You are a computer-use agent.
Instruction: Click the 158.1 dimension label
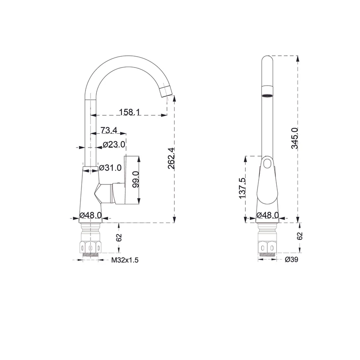point(129,112)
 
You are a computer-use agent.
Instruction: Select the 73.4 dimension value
point(109,130)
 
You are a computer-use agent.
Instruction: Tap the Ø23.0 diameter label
point(114,144)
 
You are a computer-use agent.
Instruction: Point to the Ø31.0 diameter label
point(110,168)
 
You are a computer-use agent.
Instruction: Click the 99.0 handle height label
point(135,179)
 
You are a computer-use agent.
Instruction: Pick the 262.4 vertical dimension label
point(171,158)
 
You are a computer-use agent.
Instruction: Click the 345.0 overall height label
point(295,138)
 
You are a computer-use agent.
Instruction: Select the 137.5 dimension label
point(243,188)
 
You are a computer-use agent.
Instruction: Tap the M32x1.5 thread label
point(125,260)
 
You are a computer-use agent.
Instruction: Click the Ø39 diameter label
point(292,260)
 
